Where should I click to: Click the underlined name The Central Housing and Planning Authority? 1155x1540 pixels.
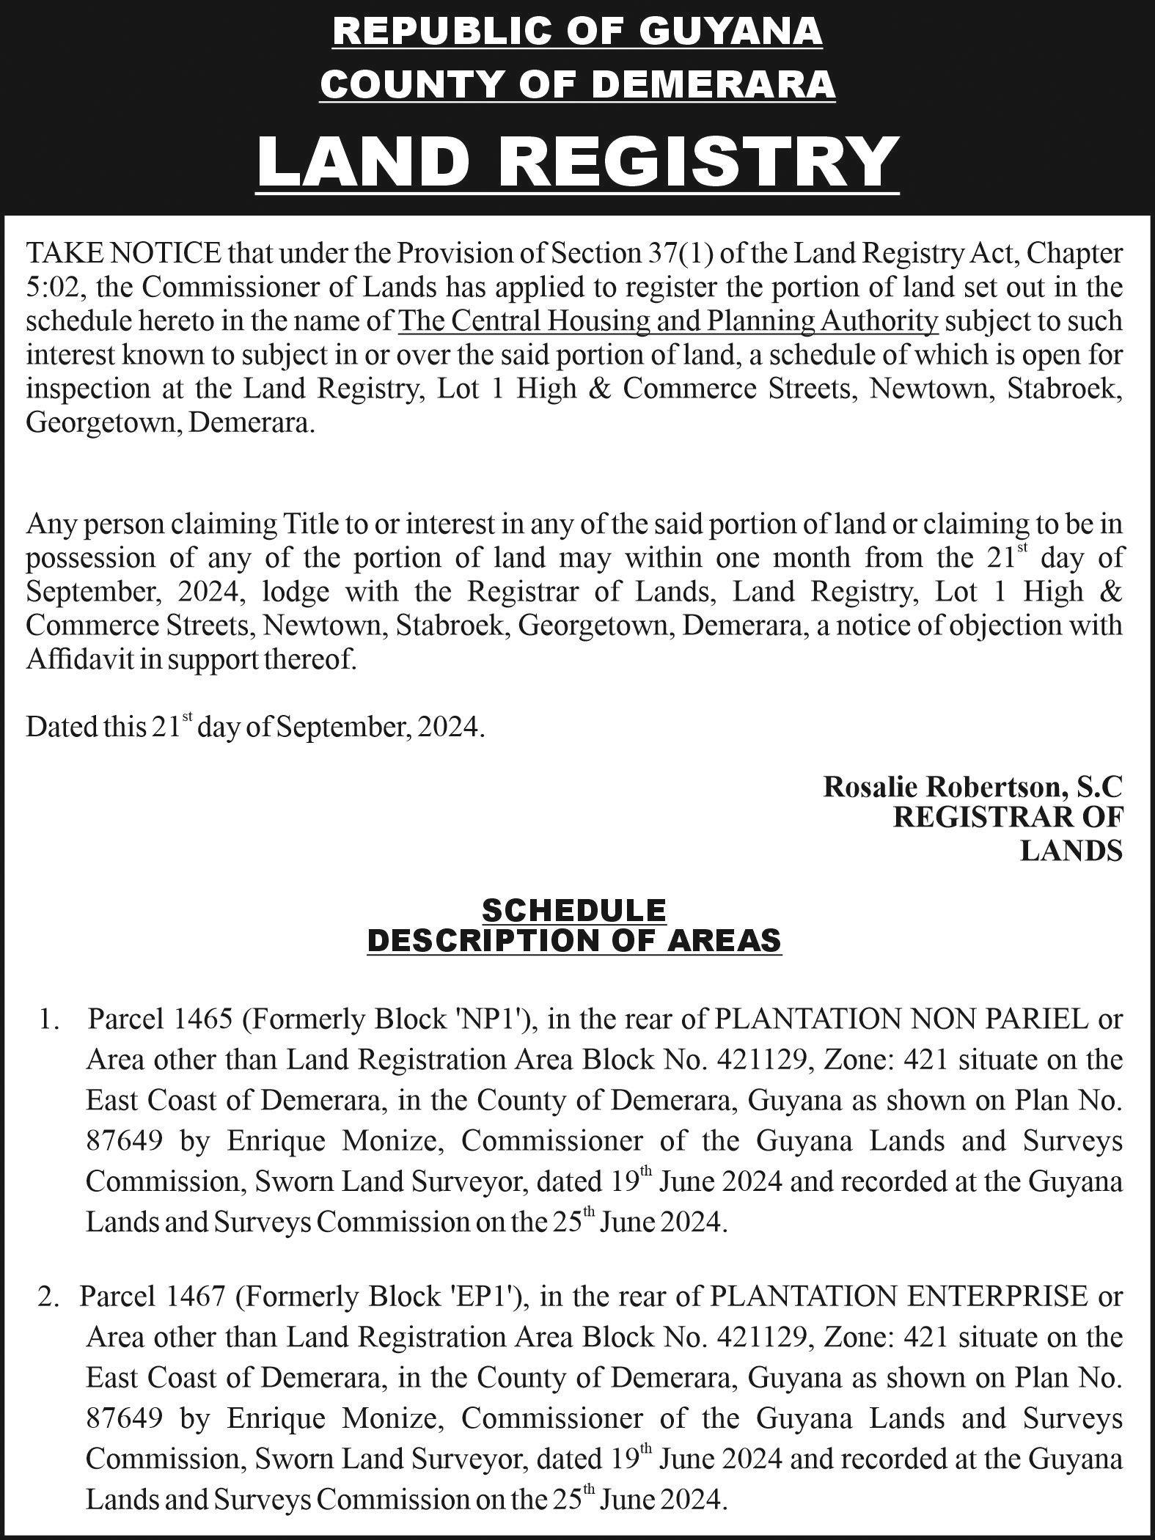(668, 321)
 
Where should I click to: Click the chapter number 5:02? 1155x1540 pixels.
(56, 287)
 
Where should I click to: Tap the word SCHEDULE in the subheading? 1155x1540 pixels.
(574, 910)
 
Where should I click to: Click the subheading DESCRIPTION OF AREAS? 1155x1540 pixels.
(574, 939)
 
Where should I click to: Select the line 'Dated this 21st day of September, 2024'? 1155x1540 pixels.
(255, 727)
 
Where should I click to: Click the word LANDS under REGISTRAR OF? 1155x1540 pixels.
(1071, 851)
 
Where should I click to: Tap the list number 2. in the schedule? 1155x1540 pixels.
(48, 1297)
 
